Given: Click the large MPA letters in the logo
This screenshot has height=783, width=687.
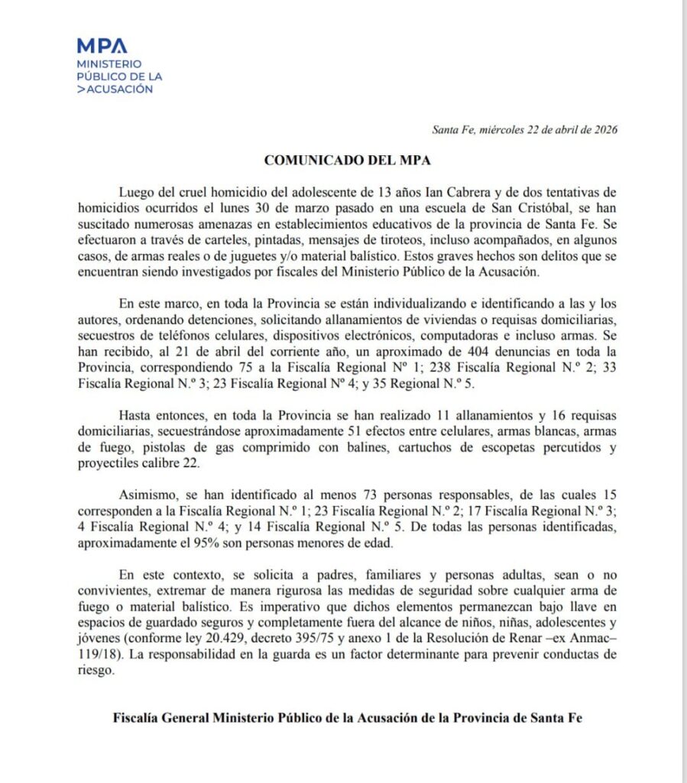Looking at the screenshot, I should point(102,46).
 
